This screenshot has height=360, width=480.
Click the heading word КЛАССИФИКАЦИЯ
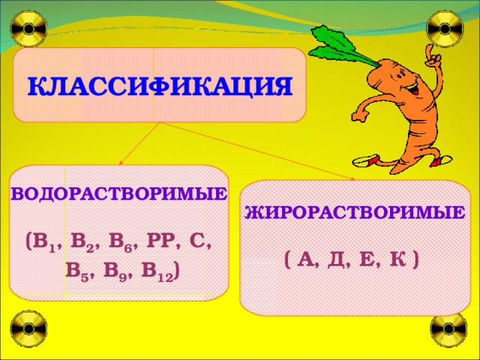[159, 86]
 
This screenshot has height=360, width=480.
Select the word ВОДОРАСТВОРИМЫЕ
[119, 194]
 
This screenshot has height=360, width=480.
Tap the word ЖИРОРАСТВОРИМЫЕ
[354, 212]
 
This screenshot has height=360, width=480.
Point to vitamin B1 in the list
[41, 243]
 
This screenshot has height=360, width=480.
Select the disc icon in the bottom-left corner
[29, 331]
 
